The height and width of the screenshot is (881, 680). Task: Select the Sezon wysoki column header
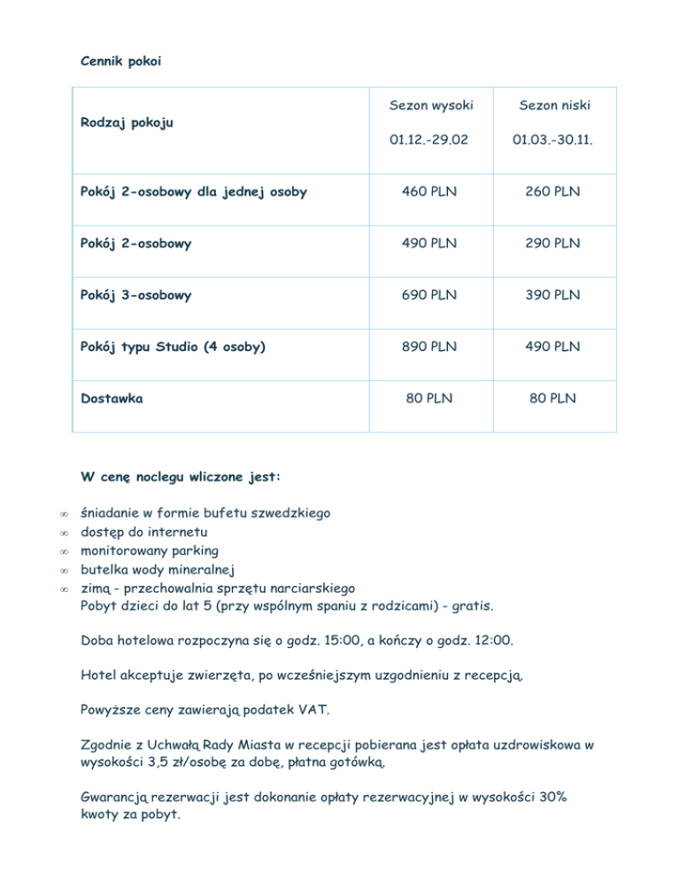click(431, 105)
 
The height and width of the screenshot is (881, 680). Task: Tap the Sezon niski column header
click(554, 105)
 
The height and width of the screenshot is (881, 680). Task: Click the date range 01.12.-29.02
click(431, 140)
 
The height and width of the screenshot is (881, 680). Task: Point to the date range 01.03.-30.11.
click(554, 140)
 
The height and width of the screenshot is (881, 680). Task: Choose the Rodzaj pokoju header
click(127, 122)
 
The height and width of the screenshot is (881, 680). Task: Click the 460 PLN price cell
click(431, 191)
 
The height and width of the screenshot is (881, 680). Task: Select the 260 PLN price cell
click(554, 191)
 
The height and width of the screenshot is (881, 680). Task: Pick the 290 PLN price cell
click(554, 243)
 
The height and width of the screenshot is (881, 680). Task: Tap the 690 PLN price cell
click(431, 295)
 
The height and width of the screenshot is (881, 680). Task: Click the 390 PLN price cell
click(554, 295)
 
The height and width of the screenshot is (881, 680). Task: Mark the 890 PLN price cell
click(431, 347)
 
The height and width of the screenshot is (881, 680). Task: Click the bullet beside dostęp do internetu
click(64, 532)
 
